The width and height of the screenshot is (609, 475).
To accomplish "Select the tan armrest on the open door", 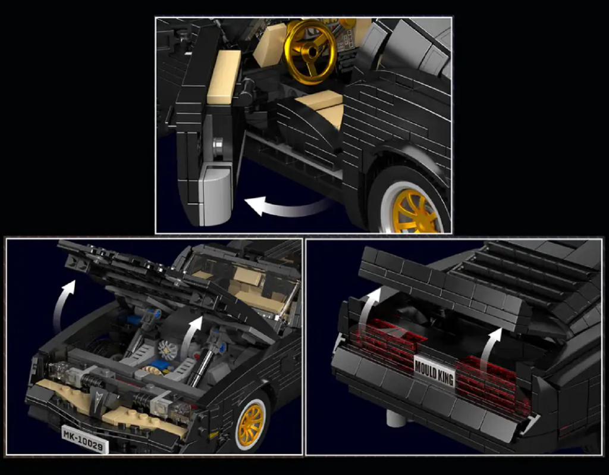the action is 224,77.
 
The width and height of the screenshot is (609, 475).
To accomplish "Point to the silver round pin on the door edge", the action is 219,148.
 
